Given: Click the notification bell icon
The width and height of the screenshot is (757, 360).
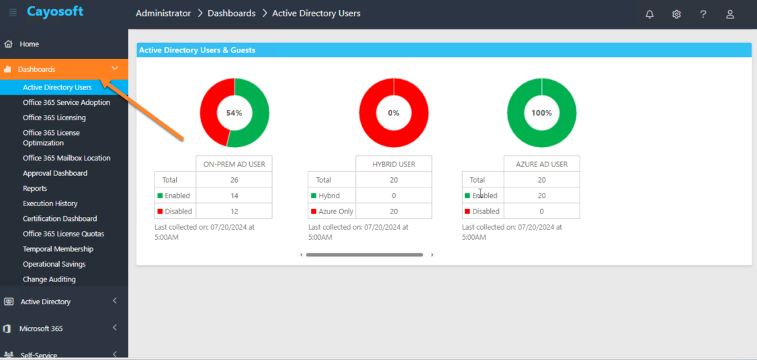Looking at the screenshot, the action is click(x=650, y=14).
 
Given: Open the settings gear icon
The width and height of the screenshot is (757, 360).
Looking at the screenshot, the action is click(x=676, y=14).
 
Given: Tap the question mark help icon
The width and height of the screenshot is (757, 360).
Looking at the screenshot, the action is click(x=703, y=14).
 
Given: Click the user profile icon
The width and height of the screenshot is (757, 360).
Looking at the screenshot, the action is click(x=730, y=14).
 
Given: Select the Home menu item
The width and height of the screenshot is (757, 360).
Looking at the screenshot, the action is click(x=29, y=44).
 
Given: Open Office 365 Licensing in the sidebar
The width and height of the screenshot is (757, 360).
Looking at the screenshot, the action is click(x=54, y=118).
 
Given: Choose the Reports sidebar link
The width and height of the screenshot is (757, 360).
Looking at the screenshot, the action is click(x=35, y=188).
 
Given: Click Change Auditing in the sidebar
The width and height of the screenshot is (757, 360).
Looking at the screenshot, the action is click(x=49, y=279).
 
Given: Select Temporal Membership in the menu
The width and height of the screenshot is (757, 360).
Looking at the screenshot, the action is click(x=58, y=249).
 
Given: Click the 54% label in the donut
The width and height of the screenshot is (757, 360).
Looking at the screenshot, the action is click(x=234, y=113).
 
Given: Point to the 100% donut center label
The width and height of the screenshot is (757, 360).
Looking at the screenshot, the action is click(x=541, y=113).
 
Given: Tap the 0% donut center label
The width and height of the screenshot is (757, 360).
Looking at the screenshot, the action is click(x=394, y=113).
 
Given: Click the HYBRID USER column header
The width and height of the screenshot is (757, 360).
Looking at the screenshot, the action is click(x=394, y=164).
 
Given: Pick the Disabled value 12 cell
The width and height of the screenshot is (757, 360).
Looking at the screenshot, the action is click(x=234, y=212).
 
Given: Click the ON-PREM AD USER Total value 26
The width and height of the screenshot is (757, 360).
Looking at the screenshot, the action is click(x=234, y=180).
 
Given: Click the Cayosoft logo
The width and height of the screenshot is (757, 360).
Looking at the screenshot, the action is click(x=55, y=11).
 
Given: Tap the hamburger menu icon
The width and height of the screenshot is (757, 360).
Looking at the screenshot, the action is click(x=13, y=12).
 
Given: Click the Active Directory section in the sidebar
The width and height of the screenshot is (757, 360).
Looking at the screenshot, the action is click(x=46, y=302).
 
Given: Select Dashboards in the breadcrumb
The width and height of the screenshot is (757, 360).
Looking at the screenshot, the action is click(x=232, y=13).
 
